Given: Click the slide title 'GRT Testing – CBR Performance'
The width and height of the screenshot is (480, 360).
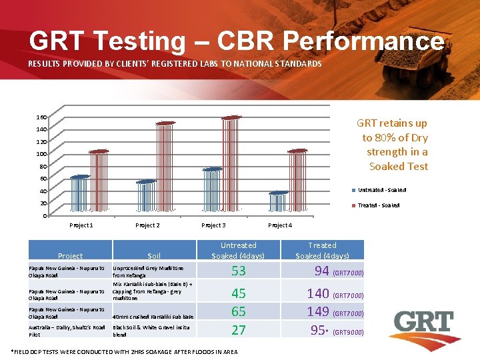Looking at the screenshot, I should pos(237,41).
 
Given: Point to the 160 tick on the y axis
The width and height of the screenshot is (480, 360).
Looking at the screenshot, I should pos(41,117).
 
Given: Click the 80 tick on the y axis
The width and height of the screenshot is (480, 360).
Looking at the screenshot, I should pos(43,167).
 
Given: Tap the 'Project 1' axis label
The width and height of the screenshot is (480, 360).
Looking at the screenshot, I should pos(81,225).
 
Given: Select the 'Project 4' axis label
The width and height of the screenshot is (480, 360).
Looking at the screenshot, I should pos(279,225).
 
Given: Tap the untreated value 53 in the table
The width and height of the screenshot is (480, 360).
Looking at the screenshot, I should pos(238,271).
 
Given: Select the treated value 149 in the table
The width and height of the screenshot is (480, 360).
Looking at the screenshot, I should pos(318,311).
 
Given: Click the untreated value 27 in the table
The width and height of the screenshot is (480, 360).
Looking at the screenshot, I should pos(238,330).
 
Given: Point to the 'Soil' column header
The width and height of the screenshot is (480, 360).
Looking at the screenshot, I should pos(154,256).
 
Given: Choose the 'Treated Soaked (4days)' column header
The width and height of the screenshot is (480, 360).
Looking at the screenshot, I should pos(322,251).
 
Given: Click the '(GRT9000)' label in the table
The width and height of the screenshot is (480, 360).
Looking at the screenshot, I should pos(349,332).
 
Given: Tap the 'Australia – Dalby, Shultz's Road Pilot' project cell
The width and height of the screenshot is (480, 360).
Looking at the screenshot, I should pos(67,331).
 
